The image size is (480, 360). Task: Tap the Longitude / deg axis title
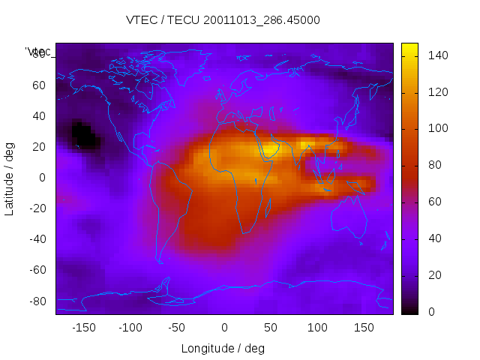coord(223,348)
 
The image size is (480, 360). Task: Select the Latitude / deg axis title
coord(10,177)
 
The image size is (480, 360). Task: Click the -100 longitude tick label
coord(130,327)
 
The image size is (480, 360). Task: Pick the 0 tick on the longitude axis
coord(223,327)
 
